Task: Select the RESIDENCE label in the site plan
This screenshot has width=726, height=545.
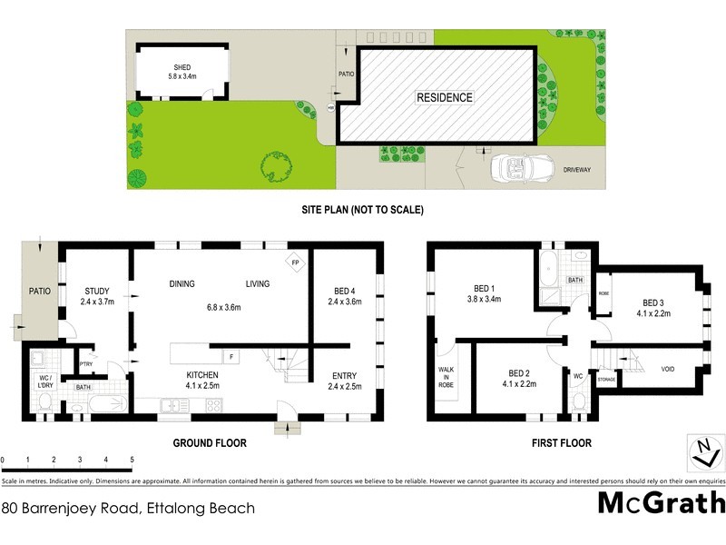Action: [445, 97]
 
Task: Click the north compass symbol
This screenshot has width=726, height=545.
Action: [701, 449]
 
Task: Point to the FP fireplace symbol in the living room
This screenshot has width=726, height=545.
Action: [295, 263]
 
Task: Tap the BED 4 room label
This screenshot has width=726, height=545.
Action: [345, 291]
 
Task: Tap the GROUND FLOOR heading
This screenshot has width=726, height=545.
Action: [210, 443]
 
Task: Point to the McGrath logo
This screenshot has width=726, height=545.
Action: [661, 502]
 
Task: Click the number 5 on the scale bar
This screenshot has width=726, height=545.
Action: [132, 460]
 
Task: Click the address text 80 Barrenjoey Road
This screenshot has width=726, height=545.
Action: [128, 509]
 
